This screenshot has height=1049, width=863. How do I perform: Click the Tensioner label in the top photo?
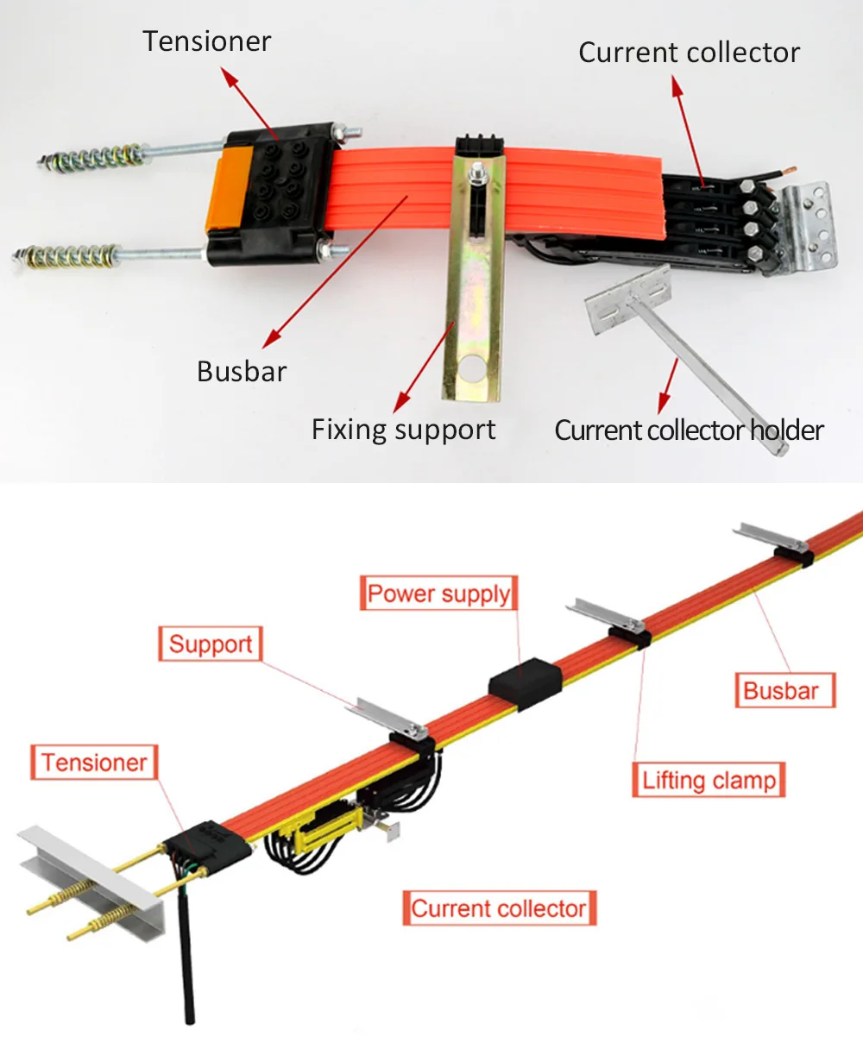207,41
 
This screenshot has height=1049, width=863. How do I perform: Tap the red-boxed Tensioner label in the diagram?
94,763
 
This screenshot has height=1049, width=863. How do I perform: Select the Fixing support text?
403,430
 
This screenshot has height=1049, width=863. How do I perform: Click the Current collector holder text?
688,430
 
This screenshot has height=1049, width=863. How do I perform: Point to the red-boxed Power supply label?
438,594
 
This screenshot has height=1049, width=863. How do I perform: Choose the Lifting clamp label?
709,780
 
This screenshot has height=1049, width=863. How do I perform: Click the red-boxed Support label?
210,644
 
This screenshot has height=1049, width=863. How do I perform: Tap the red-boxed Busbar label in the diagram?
780,690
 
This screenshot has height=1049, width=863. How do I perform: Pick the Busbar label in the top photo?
242,371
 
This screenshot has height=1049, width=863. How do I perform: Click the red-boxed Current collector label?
499,908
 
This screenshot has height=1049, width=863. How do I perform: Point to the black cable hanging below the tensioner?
186,958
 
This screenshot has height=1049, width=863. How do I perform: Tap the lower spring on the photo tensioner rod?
69,256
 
